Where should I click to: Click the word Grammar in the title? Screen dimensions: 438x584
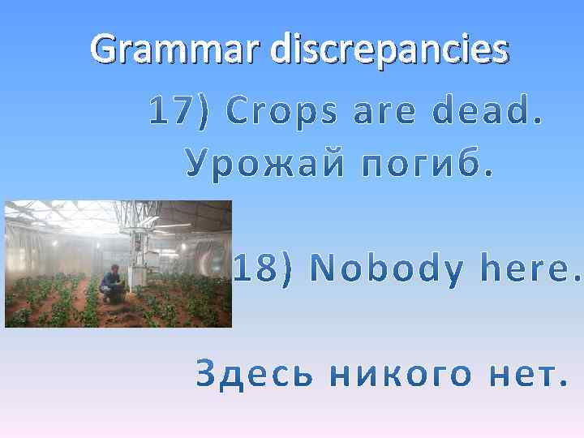click(176, 49)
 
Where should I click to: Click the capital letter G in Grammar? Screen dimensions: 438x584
click(104, 49)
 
